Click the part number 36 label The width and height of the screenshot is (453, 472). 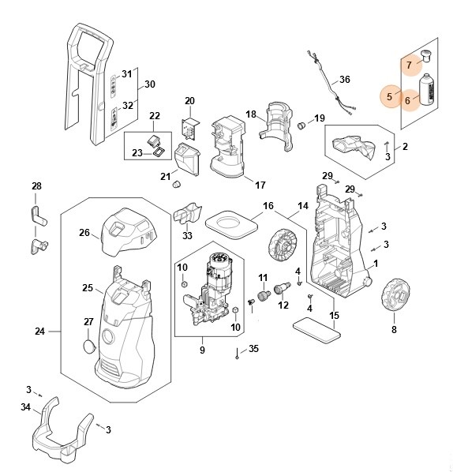[x=344, y=80]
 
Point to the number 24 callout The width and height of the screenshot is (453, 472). [x=40, y=332]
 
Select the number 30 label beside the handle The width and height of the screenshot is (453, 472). [x=150, y=84]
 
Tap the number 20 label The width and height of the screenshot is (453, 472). [x=189, y=100]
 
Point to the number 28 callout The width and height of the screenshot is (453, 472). [x=36, y=185]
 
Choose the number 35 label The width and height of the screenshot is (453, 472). [x=253, y=349]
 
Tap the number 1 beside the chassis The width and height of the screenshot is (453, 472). [x=376, y=262]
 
